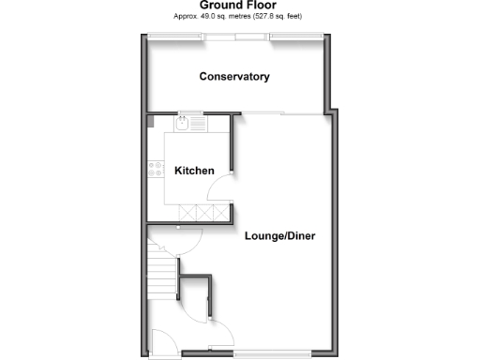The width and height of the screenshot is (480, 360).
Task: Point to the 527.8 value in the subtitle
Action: [x=287, y=16]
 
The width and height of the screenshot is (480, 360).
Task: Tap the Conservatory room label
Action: [x=234, y=76]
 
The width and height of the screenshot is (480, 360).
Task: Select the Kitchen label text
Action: [x=195, y=171]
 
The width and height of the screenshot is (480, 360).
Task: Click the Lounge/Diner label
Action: [x=279, y=235]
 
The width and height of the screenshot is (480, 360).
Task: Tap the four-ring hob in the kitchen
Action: [x=156, y=170]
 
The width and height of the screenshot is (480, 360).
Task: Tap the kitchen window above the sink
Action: [x=193, y=113]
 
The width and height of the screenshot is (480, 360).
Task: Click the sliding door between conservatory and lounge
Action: [x=279, y=113]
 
